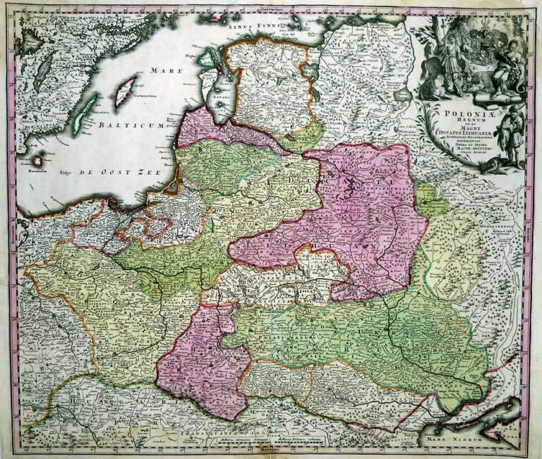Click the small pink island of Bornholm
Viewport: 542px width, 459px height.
[37, 160]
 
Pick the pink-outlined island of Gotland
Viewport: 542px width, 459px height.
[124, 91]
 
